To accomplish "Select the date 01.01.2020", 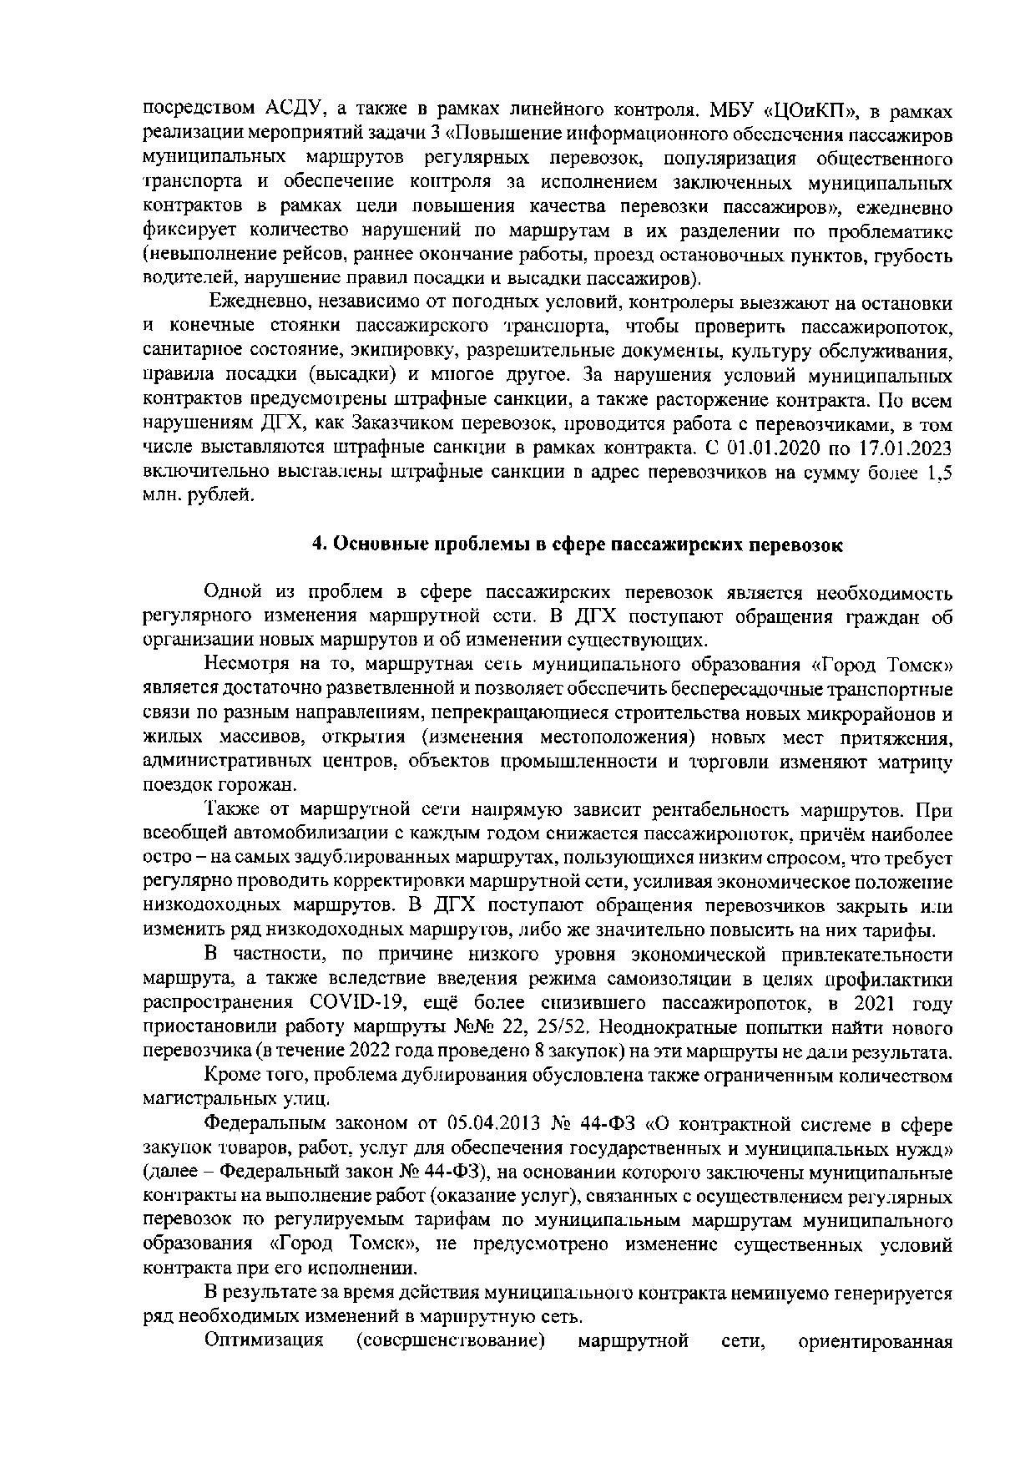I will coord(765,448).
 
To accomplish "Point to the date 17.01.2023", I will coord(906,448).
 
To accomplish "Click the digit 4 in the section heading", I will coord(317,545).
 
